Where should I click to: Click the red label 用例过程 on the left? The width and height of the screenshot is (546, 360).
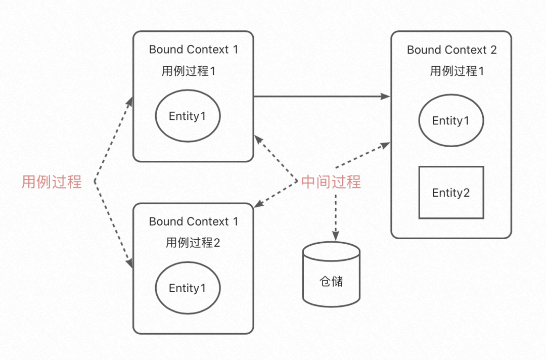51,182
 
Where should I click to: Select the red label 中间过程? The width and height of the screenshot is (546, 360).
331,182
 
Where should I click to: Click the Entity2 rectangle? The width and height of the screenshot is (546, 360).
451,193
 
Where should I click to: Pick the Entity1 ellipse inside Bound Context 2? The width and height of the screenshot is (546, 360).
451,121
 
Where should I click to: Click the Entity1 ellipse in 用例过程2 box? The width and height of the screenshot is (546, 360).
188,288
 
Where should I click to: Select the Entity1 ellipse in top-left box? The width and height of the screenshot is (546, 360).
188,116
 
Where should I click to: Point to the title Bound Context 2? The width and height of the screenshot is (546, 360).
451,50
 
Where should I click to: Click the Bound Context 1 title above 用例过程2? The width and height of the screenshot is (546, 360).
193,221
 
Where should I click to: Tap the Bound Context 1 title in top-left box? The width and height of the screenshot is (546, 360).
193,50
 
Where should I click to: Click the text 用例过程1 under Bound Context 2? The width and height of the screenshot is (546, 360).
457,71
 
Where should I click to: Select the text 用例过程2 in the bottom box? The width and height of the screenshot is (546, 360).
193,243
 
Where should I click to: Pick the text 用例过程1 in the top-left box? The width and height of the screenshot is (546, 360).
189,71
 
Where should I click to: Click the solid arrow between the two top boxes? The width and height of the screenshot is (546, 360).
322,96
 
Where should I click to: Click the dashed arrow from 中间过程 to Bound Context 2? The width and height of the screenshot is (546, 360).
361,156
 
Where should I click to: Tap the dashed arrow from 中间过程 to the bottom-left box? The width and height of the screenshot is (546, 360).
276,194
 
